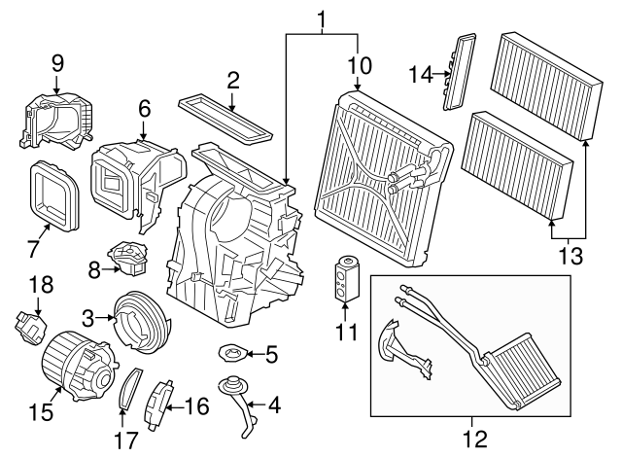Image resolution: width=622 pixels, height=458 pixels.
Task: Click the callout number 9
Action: pyautogui.click(x=57, y=63)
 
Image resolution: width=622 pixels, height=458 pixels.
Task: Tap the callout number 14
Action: pyautogui.click(x=421, y=74)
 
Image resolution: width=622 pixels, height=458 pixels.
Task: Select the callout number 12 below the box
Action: pyautogui.click(x=475, y=439)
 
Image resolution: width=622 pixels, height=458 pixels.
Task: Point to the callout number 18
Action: pyautogui.click(x=41, y=284)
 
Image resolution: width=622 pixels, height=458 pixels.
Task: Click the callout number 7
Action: pyautogui.click(x=33, y=248)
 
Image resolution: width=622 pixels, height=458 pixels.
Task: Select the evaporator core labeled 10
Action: pyautogui.click(x=383, y=178)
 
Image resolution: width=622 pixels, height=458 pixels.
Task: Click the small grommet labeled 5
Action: pyautogui.click(x=233, y=352)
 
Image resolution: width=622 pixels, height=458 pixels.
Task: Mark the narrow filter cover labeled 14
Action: pyautogui.click(x=459, y=72)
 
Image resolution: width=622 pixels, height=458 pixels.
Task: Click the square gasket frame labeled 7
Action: pyautogui.click(x=54, y=196)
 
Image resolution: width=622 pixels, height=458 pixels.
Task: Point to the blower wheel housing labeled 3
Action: pyautogui.click(x=142, y=322)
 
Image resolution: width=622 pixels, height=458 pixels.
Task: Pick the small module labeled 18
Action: pyautogui.click(x=30, y=328)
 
